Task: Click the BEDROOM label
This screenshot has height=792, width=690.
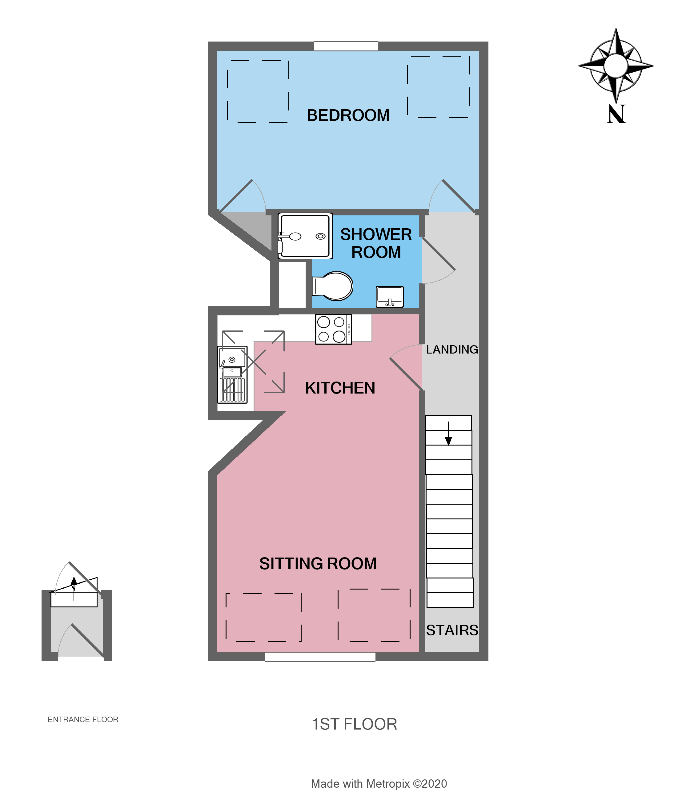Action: click(348, 115)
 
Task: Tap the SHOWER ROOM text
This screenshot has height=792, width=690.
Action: click(376, 243)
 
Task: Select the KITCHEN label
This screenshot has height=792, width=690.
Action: click(340, 388)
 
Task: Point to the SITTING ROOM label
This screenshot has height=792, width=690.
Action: click(318, 564)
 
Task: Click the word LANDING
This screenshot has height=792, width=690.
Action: click(452, 350)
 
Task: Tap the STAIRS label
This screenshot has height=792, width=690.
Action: click(452, 630)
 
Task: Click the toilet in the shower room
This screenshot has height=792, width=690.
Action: click(333, 286)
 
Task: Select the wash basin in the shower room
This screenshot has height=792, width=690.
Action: click(390, 297)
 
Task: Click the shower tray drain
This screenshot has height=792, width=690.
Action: click(320, 236)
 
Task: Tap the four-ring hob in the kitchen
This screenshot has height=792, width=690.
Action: click(333, 329)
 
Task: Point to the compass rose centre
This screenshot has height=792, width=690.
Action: click(616, 66)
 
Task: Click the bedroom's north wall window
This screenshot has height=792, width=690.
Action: click(346, 46)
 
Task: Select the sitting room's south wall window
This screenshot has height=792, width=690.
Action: click(320, 657)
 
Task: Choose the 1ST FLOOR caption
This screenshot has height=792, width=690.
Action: click(354, 724)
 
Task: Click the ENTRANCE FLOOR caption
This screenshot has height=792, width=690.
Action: click(83, 720)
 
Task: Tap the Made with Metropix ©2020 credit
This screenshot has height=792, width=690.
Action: click(379, 784)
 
